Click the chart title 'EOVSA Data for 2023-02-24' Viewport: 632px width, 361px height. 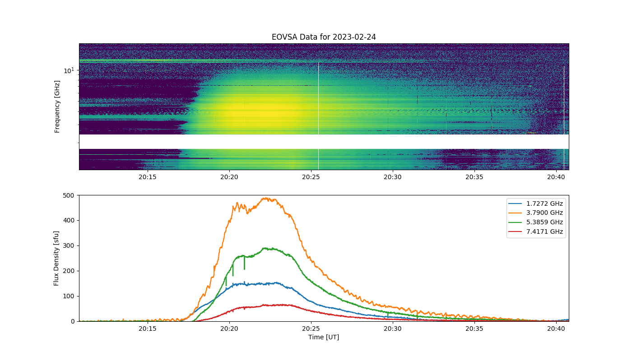(x=324, y=37)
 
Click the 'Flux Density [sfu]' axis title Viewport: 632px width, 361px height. (x=56, y=258)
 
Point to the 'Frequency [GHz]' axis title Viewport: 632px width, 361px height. (x=57, y=106)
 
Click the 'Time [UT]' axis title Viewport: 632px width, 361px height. (x=324, y=337)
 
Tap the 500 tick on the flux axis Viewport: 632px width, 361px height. (x=69, y=195)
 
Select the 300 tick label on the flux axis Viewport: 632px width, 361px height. (x=69, y=245)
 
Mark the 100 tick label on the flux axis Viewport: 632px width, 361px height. (x=69, y=296)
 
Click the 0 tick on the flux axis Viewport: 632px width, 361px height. (x=73, y=321)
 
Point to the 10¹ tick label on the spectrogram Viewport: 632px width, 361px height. (x=69, y=70)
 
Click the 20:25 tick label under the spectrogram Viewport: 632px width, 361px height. (x=311, y=177)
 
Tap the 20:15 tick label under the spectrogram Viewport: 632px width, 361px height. (x=147, y=177)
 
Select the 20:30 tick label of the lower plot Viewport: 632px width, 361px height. (x=392, y=329)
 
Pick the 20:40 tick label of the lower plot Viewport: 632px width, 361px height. (x=556, y=329)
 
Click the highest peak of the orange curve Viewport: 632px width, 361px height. (x=265, y=198)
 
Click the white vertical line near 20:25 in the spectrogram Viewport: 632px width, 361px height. (x=319, y=116)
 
